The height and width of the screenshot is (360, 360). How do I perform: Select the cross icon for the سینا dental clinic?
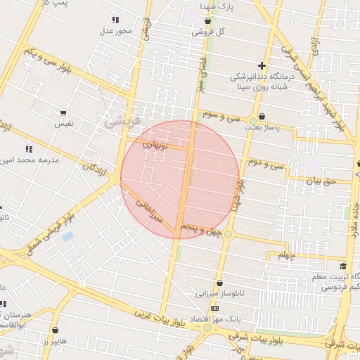point(262,66)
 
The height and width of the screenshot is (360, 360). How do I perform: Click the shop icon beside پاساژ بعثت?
point(262,116)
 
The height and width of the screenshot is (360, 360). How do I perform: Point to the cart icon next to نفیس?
point(63,113)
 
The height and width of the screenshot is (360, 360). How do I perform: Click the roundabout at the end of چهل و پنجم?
point(228,234)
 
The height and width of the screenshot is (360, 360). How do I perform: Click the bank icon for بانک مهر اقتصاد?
point(214,308)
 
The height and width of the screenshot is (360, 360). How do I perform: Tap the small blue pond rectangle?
point(67,236)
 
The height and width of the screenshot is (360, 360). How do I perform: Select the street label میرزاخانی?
point(148,210)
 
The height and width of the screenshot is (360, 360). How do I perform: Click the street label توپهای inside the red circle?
point(156,145)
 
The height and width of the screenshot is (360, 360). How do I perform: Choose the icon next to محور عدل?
point(115,20)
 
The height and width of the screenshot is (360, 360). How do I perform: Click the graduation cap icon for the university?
point(342,266)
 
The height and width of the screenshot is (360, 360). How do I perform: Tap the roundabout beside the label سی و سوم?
point(252,121)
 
